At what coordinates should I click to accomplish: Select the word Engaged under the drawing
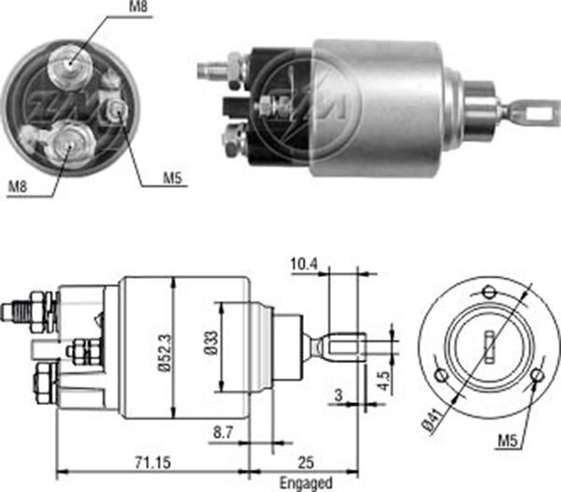305,483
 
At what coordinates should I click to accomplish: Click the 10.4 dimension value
304,266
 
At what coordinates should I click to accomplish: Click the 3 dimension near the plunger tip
337,395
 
